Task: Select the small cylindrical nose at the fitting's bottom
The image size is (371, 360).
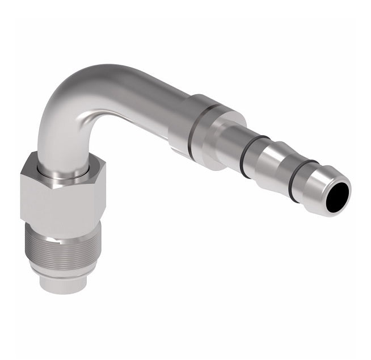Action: [62, 284]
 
